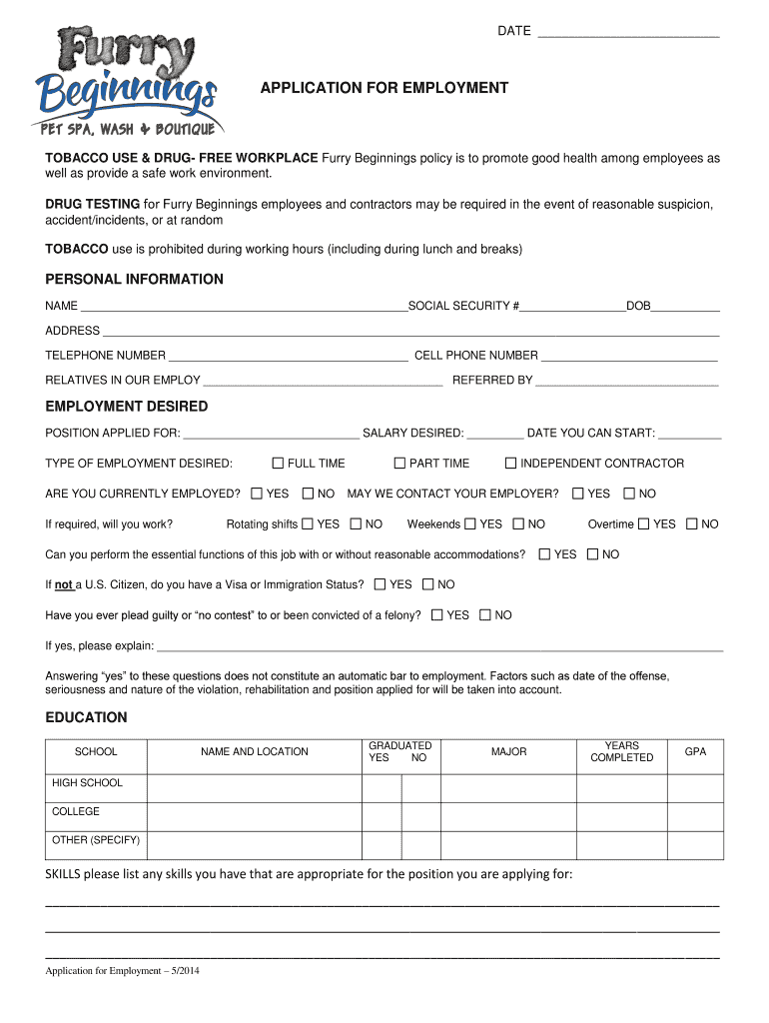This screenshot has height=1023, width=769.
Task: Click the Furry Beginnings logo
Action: [x=128, y=81]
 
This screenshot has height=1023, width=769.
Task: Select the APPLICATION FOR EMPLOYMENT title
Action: [x=384, y=89]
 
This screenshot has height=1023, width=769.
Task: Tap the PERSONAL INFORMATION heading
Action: [x=135, y=280]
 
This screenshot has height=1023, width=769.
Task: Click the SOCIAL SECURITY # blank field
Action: [x=572, y=307]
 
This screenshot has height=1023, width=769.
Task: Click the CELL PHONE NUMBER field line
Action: [x=629, y=357]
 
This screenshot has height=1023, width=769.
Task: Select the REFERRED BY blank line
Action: [x=627, y=382]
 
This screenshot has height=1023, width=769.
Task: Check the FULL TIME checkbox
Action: [x=278, y=464]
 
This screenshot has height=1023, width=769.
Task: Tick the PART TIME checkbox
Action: [x=399, y=464]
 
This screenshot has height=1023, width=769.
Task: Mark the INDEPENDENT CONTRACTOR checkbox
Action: [x=510, y=464]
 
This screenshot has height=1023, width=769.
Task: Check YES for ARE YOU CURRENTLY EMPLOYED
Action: [x=257, y=494]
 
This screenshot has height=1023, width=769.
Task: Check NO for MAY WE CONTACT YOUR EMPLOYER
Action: [x=629, y=494]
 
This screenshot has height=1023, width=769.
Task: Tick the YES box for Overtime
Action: [x=644, y=524]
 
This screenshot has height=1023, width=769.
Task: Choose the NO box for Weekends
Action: [x=518, y=524]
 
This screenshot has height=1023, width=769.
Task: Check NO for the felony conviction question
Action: [x=485, y=615]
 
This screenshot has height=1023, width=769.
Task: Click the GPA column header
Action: [x=695, y=752]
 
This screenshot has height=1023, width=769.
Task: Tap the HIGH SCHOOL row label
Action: [x=87, y=784]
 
